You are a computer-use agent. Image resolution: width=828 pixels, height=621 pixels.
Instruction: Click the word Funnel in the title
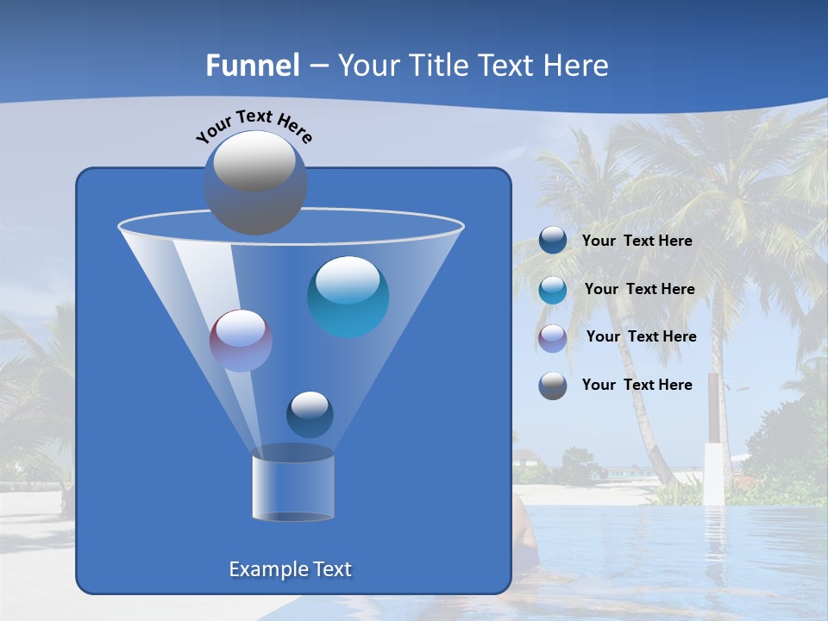[253, 66]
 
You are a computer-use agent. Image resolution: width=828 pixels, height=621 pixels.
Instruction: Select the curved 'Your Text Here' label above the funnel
[254, 126]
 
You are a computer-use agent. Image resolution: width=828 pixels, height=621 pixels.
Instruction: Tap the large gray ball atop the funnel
[255, 182]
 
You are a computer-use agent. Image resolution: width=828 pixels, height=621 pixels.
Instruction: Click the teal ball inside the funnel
[348, 297]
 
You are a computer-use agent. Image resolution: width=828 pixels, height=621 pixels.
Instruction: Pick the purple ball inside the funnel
[241, 341]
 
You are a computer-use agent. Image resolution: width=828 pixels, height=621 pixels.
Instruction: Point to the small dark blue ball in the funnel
[310, 415]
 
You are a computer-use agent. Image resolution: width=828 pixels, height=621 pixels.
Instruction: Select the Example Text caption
[291, 569]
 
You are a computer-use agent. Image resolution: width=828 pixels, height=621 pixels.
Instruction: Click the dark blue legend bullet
[553, 241]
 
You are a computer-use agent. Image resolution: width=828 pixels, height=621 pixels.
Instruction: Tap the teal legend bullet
[553, 289]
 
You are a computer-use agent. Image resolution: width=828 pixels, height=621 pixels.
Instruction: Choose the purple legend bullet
[553, 337]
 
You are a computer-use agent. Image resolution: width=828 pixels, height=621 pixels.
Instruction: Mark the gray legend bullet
[553, 385]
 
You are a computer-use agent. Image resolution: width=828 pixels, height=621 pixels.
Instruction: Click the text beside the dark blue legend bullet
[637, 241]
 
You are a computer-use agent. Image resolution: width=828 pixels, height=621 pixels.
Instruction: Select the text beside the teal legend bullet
[639, 290]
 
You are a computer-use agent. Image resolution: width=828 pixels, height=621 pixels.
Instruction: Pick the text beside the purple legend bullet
[641, 337]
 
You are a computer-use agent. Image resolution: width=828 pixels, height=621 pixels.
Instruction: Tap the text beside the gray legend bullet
[637, 385]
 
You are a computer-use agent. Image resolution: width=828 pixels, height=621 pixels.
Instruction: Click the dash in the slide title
[318, 66]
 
